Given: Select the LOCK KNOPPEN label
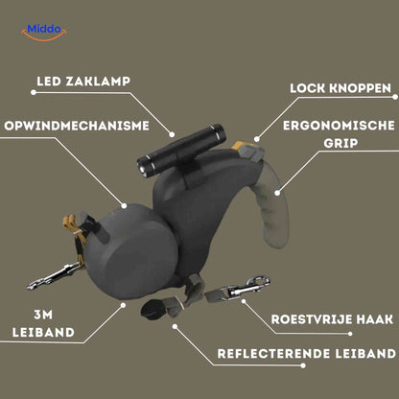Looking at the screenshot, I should click(342, 88).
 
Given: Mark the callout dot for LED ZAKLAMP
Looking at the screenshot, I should click(174, 133).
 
